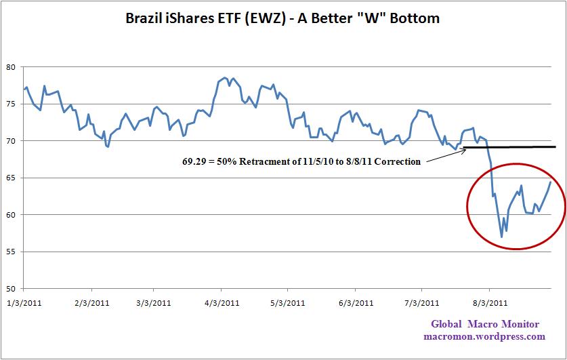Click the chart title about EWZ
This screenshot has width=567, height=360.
click(x=282, y=18)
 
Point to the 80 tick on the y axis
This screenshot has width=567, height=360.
click(x=12, y=66)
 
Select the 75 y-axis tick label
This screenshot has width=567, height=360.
click(x=12, y=104)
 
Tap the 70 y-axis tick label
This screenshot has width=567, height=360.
click(x=12, y=141)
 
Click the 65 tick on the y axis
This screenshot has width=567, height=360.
click(x=12, y=178)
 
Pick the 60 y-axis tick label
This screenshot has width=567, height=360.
click(x=12, y=215)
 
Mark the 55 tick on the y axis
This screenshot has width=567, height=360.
click(x=12, y=252)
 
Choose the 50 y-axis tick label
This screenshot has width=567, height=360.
click(x=12, y=288)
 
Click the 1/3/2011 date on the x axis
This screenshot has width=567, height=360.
click(x=23, y=302)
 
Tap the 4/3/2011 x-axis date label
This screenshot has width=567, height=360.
click(x=222, y=302)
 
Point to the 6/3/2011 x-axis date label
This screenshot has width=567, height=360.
click(x=355, y=302)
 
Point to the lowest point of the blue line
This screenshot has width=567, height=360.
click(x=501, y=237)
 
